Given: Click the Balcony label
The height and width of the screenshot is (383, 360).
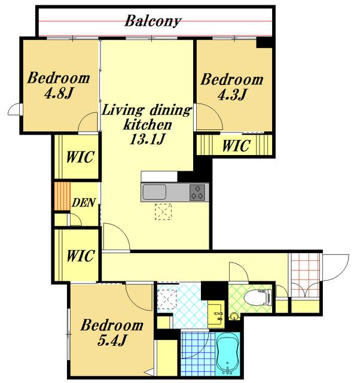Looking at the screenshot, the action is pyautogui.click(x=152, y=22).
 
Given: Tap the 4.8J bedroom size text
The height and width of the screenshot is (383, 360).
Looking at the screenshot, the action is pyautogui.click(x=59, y=93).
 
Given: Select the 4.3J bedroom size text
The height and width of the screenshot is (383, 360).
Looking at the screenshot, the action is pyautogui.click(x=232, y=95).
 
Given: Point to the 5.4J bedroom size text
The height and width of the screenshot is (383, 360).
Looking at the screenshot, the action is pyautogui.click(x=112, y=340).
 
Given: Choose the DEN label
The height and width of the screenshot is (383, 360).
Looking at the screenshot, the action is pyautogui.click(x=84, y=202).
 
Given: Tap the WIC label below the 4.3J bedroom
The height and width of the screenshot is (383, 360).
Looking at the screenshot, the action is pyautogui.click(x=236, y=145).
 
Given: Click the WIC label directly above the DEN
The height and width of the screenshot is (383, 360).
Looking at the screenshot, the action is pyautogui.click(x=80, y=157).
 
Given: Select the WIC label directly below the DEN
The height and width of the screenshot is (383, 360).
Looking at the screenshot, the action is pyautogui.click(x=80, y=256).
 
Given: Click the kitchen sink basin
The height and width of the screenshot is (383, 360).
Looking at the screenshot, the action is pyautogui.click(x=154, y=192).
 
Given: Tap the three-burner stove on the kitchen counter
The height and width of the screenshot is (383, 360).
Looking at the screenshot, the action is pyautogui.click(x=197, y=193).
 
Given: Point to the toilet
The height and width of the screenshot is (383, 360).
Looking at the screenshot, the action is pyautogui.click(x=258, y=297).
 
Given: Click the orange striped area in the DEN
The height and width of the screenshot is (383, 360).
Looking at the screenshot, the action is pyautogui.click(x=62, y=196).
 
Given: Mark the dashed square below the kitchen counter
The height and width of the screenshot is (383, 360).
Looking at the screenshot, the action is pyautogui.click(x=163, y=211).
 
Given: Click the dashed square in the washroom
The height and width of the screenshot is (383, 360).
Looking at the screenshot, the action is pyautogui.click(x=167, y=299).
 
